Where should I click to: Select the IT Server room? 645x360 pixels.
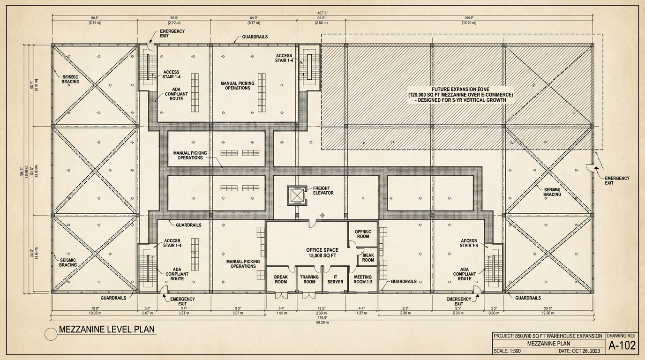click(x=335, y=279)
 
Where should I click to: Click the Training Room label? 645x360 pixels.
click(x=309, y=279)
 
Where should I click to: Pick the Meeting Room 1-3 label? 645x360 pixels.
click(x=363, y=279)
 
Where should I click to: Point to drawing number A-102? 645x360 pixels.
click(x=622, y=346)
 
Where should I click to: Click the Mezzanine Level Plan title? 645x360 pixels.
click(x=107, y=330)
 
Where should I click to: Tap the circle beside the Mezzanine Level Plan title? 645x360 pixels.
click(x=51, y=334)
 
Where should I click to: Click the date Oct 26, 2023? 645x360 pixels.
click(x=580, y=351)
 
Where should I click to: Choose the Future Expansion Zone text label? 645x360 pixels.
click(x=460, y=94)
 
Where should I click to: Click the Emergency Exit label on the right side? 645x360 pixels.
click(x=617, y=181)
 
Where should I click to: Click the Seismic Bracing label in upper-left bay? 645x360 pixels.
click(x=70, y=79)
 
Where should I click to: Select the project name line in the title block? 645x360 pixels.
click(x=547, y=336)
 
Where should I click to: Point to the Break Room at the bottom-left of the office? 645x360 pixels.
click(x=281, y=279)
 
